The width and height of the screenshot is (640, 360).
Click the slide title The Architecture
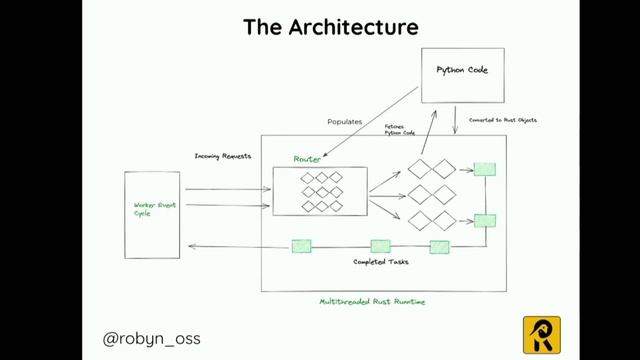click(319, 26)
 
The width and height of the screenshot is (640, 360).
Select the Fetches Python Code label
click(399, 130)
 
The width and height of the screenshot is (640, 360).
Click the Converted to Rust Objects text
click(503, 120)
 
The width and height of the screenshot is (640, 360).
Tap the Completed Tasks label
click(381, 262)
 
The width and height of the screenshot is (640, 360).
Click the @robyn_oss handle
click(152, 338)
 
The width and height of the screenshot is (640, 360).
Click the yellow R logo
click(541, 334)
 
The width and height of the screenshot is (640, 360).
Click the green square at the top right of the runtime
click(484, 169)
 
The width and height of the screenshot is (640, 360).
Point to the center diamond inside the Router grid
click(322, 192)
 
